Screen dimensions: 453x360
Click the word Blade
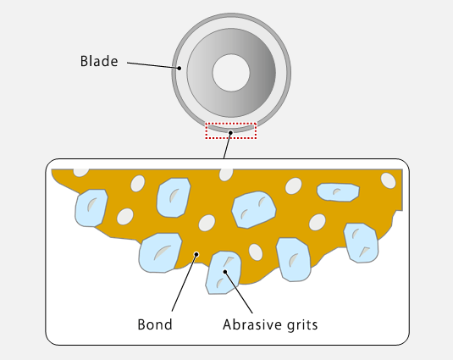(99, 61)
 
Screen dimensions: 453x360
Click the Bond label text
(155, 324)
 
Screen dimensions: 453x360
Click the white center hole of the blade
(231, 73)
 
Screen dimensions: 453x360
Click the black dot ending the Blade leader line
(180, 68)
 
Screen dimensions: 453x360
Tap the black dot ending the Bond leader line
(196, 254)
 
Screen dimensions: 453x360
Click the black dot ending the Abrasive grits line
(224, 271)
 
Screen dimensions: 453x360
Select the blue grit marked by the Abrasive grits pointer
(224, 273)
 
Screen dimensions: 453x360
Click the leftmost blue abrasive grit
(91, 208)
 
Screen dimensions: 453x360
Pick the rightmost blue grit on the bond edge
(361, 243)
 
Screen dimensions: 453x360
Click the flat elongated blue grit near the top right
(338, 192)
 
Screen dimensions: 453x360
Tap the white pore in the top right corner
(388, 180)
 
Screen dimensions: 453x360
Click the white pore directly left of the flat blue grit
(294, 186)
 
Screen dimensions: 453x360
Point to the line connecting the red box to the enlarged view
(228, 146)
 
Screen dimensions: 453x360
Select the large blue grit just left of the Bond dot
(160, 252)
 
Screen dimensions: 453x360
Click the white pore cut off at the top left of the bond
(81, 173)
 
